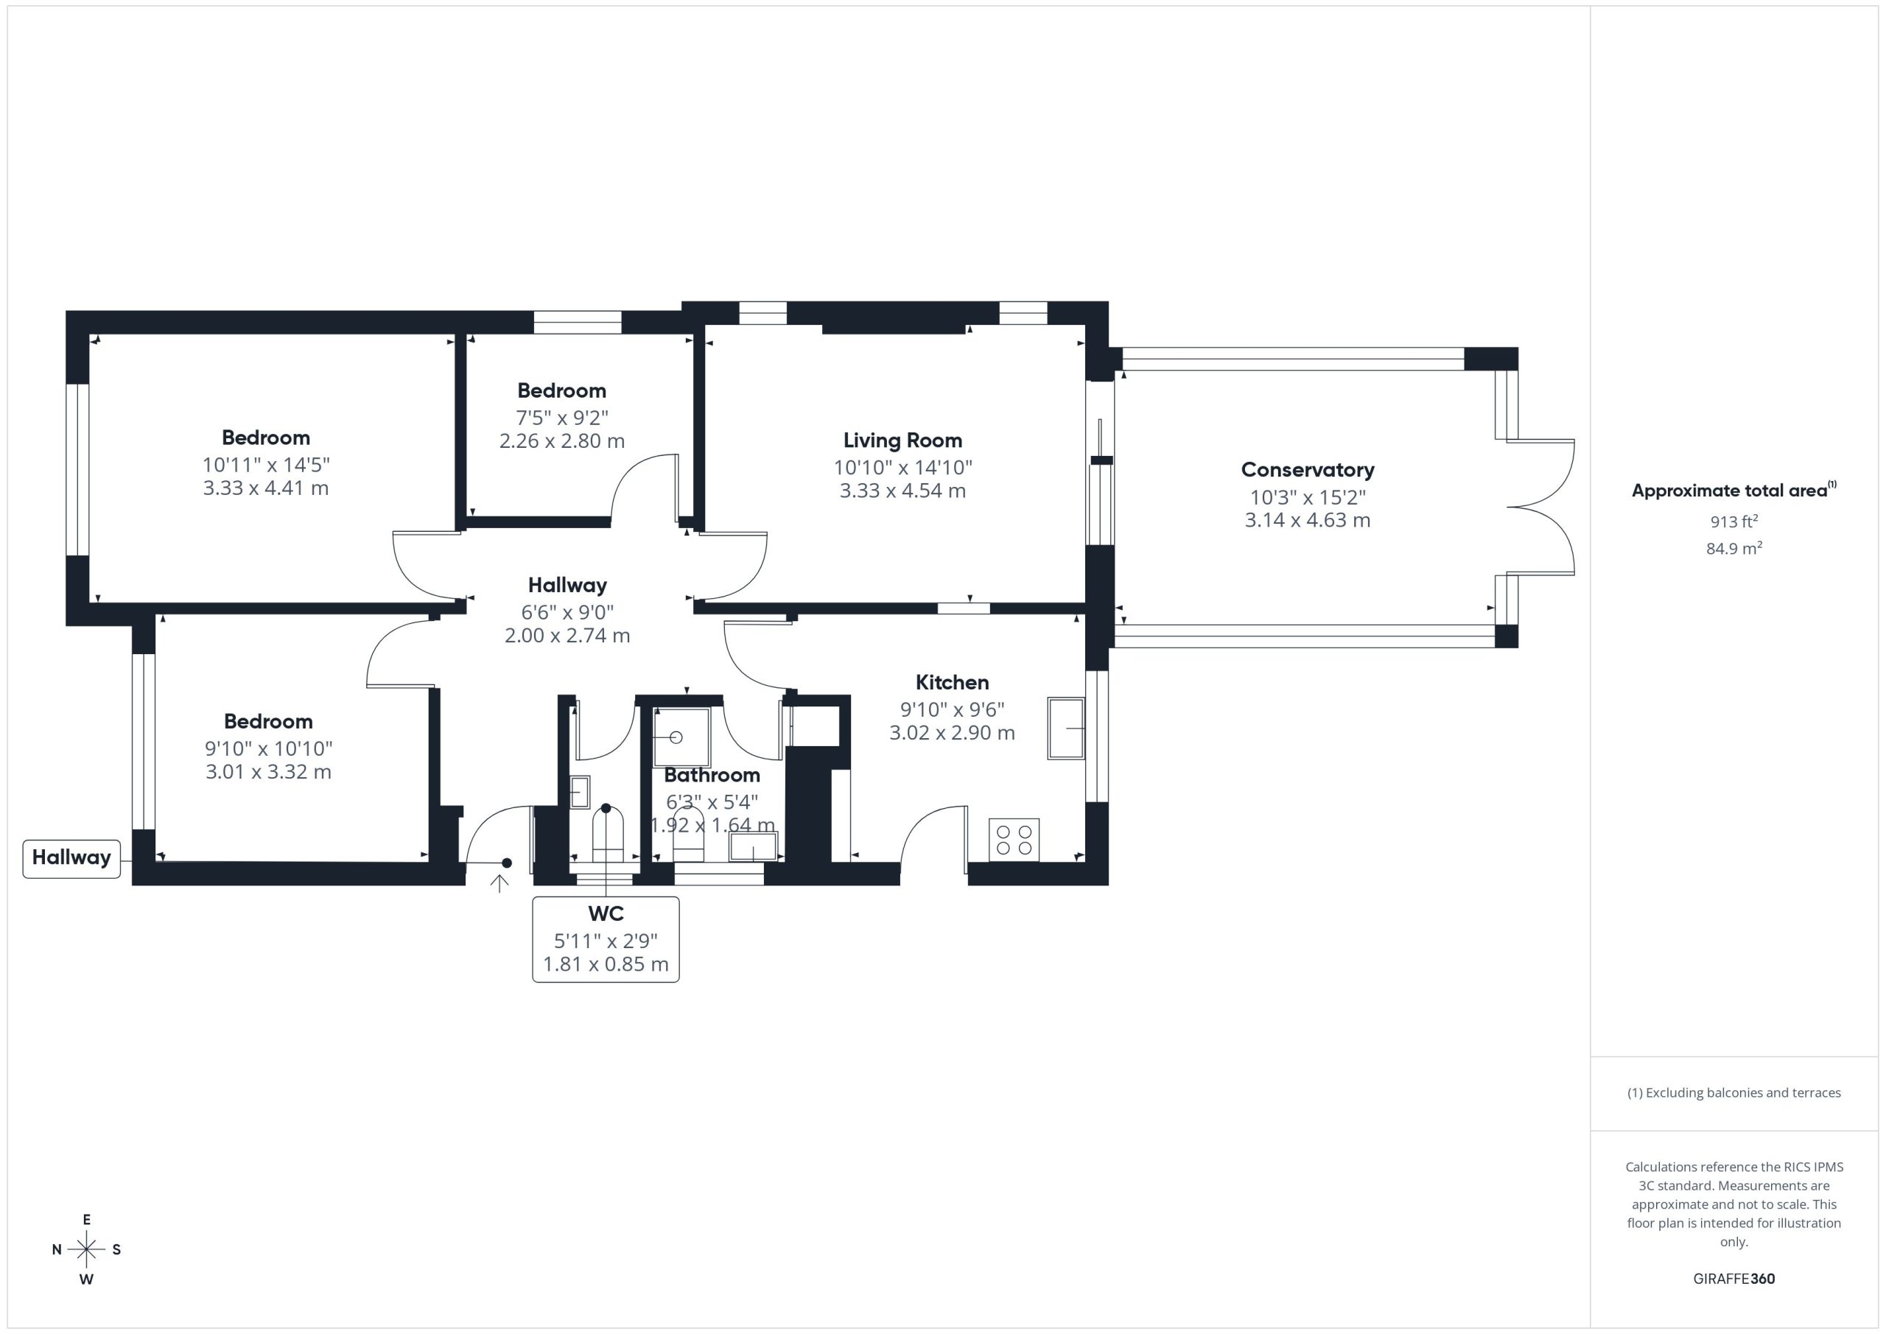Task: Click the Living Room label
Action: [x=902, y=440]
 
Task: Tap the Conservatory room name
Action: [x=1307, y=470]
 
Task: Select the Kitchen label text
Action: [x=952, y=682]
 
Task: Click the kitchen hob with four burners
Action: [x=1014, y=840]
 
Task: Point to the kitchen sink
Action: [x=1065, y=728]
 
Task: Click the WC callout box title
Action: [x=606, y=913]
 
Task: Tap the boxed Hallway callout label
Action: [x=71, y=857]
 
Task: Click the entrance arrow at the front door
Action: [x=499, y=883]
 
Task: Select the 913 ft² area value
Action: [x=1733, y=521]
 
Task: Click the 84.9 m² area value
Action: [x=1733, y=548]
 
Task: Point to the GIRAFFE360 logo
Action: [x=1733, y=1278]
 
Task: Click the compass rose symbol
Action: [x=86, y=1249]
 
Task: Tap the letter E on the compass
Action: [x=86, y=1219]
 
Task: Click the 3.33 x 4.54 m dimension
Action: [x=902, y=491]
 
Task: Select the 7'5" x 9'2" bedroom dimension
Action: [x=562, y=417]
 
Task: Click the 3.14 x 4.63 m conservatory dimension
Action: [x=1307, y=520]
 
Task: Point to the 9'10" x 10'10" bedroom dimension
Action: [x=269, y=748]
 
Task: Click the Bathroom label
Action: [x=712, y=775]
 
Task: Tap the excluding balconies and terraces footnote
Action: [x=1733, y=1092]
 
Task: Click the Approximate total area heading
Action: [x=1733, y=491]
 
